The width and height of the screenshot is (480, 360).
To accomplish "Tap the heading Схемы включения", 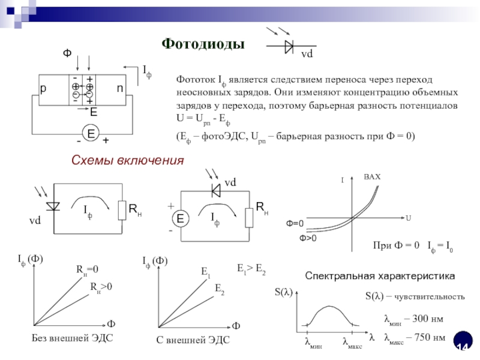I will coord(127,160).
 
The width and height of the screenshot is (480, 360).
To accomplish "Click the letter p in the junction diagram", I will coord(43,88).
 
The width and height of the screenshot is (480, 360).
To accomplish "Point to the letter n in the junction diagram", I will coord(120,88).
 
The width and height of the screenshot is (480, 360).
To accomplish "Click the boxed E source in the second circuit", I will coord(179,219).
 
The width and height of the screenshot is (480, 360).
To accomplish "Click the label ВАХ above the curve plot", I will coord(372,178).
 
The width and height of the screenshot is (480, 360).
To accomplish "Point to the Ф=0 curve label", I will coord(295,224).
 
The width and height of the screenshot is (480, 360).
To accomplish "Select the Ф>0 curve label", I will coord(308,238).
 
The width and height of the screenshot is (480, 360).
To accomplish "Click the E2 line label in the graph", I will coord(220,290).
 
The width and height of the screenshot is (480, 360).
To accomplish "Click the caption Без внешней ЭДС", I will coord(72,338).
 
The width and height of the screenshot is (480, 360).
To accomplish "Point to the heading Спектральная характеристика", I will coord(380,275).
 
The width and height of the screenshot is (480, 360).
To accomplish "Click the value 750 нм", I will coord(430,337).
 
